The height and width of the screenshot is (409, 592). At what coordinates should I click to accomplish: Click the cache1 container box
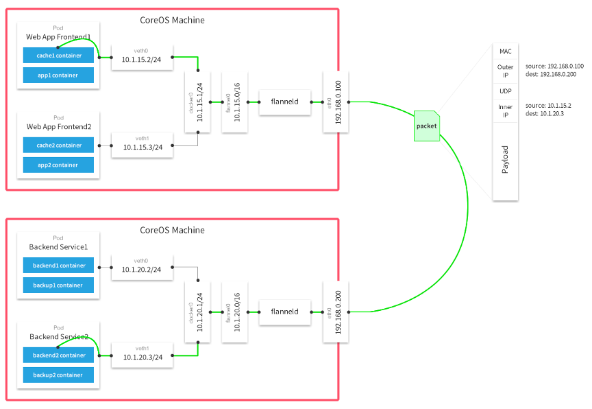[x=58, y=56]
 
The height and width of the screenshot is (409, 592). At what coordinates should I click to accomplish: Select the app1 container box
[x=58, y=75]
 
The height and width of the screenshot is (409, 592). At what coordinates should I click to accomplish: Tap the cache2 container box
[x=58, y=145]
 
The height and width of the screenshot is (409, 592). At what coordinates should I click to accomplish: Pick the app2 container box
[x=58, y=165]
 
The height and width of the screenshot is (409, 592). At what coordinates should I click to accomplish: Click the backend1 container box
[x=58, y=266]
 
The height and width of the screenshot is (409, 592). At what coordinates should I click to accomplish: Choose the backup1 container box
[x=58, y=285]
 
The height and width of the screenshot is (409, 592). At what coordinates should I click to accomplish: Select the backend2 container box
[x=58, y=355]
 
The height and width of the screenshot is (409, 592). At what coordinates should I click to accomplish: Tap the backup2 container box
[x=58, y=375]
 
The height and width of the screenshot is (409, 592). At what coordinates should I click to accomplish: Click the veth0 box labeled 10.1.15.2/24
[x=142, y=58]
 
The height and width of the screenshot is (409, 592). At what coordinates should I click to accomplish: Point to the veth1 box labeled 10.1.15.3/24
[x=142, y=145]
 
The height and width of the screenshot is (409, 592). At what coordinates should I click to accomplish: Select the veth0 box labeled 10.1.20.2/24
[x=142, y=267]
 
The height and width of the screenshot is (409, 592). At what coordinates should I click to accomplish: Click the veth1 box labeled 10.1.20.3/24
[x=142, y=354]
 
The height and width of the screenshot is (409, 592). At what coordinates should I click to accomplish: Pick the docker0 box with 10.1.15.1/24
[x=197, y=102]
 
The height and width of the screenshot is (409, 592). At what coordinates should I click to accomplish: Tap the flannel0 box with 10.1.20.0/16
[x=234, y=312]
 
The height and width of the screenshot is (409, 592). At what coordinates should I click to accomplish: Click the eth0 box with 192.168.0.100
[x=336, y=102]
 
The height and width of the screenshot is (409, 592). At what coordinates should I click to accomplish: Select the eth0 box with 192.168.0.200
[x=336, y=312]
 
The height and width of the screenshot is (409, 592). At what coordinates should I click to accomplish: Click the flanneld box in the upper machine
[x=284, y=102]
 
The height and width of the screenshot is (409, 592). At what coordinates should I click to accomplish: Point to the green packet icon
[x=426, y=126]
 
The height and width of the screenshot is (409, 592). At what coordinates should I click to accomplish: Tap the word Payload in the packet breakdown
[x=505, y=159]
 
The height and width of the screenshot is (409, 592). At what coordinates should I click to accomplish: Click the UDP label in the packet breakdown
[x=505, y=91]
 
